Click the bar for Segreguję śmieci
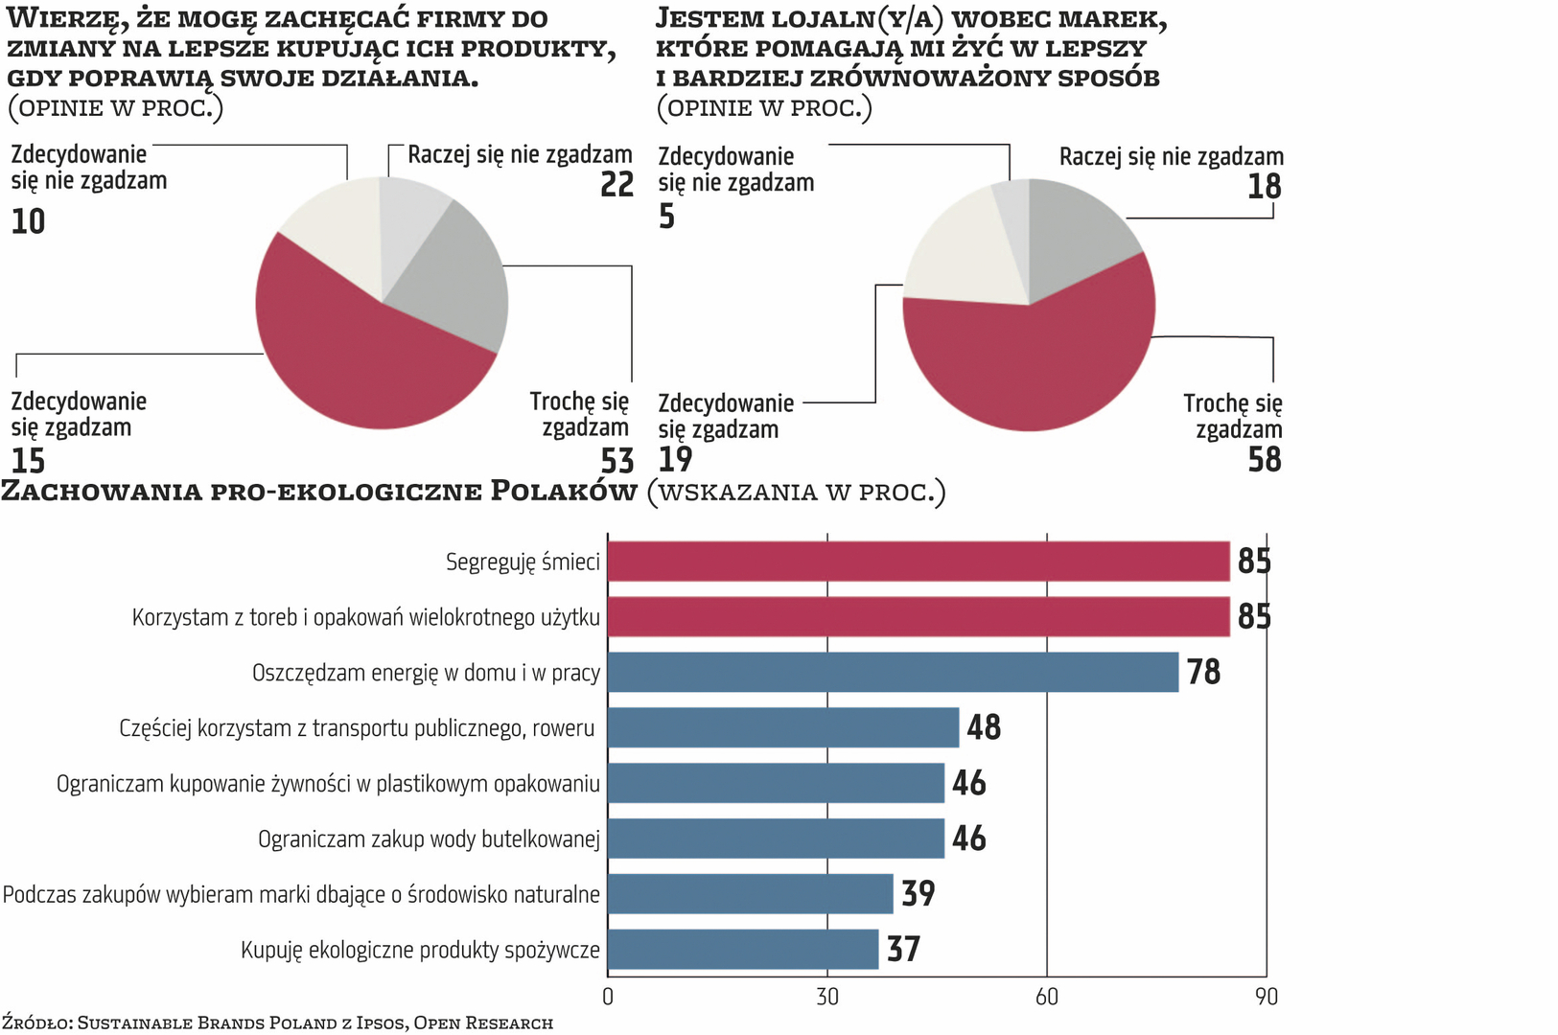click(919, 561)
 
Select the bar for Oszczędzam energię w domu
click(893, 672)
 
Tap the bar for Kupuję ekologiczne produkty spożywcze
click(743, 949)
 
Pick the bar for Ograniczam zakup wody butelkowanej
click(776, 839)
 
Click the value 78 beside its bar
click(1203, 672)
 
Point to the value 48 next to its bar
click(984, 727)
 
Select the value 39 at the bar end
click(918, 893)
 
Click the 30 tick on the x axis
click(827, 997)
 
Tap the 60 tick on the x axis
click(1047, 997)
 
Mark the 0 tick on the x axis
click(608, 997)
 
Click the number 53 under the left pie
click(617, 461)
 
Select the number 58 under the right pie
click(1265, 460)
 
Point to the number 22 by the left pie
click(617, 184)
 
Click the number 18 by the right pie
click(1265, 186)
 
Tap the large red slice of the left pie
click(364, 364)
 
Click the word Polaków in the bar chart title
click(564, 492)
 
